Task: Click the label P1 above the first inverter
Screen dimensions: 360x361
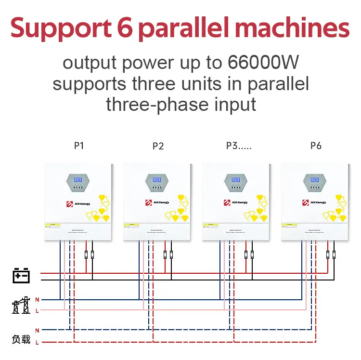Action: (79, 145)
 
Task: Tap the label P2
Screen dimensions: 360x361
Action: (158, 146)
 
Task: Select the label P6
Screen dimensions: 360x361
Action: (316, 146)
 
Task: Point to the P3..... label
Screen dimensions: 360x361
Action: (239, 146)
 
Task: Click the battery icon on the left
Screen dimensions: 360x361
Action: (21, 276)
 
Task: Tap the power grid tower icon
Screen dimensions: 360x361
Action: (21, 305)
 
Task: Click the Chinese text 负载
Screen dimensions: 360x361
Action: (21, 339)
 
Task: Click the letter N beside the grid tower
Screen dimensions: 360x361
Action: (37, 300)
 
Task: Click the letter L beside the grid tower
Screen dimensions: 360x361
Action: (37, 310)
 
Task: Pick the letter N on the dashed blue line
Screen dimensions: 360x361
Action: (37, 330)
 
